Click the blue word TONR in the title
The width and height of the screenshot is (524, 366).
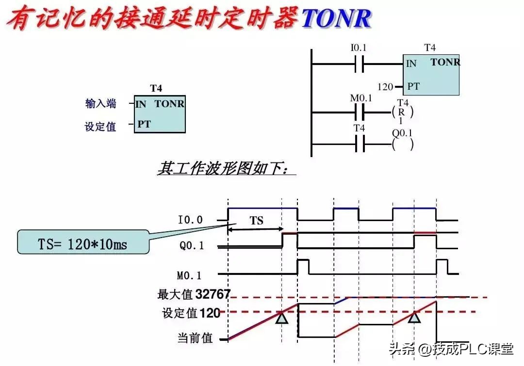tap(336, 18)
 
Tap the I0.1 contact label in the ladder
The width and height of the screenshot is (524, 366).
tap(359, 48)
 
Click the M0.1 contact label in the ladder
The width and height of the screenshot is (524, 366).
tap(360, 98)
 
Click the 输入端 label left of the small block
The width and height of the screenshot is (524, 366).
tap(101, 103)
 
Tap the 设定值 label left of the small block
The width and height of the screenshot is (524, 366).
tap(101, 127)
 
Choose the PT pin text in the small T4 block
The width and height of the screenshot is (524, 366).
tap(144, 124)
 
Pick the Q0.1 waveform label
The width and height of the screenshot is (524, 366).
tap(192, 246)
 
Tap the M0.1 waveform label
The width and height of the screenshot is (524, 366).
tap(190, 275)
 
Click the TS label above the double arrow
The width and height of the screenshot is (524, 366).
tap(257, 221)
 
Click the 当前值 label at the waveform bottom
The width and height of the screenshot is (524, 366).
tap(195, 338)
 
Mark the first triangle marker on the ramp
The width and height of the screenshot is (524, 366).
tap(282, 318)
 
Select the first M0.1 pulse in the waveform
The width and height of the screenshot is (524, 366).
tap(303, 267)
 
